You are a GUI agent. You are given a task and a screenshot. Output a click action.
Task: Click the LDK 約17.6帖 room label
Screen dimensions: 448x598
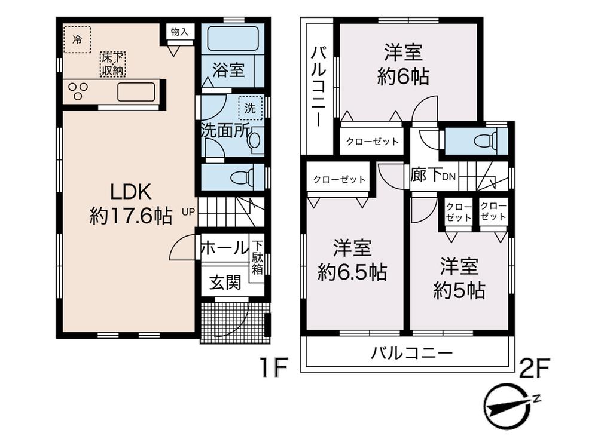point(131,203)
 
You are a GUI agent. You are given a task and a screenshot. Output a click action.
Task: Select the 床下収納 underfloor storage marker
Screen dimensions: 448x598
point(112,64)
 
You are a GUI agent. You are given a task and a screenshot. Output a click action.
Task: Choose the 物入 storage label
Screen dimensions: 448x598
point(179,32)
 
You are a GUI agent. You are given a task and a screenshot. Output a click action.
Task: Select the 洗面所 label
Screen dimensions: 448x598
point(224,131)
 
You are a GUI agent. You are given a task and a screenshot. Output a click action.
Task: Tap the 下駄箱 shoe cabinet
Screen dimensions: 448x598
point(257,256)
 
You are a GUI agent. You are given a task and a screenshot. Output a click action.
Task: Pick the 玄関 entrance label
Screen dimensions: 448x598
point(225,282)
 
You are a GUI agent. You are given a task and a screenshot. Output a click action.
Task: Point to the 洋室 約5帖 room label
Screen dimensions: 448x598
point(459,278)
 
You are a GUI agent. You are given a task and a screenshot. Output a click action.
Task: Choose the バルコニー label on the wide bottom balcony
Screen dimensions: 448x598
point(411,352)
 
